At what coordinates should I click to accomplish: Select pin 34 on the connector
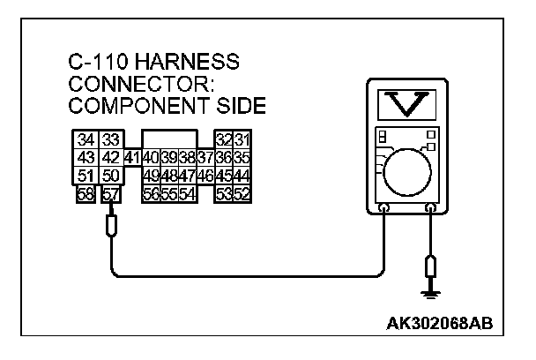(86, 140)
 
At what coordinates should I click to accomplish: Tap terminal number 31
(242, 140)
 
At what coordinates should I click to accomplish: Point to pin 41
(132, 159)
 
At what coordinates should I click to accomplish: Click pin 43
(86, 159)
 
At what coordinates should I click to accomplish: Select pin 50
(109, 176)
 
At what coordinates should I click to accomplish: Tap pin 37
(205, 159)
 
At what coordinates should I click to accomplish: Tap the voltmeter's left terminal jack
(384, 210)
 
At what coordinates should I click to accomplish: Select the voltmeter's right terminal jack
(430, 210)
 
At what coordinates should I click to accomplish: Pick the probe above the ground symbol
(430, 266)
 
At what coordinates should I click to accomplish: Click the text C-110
(98, 64)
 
